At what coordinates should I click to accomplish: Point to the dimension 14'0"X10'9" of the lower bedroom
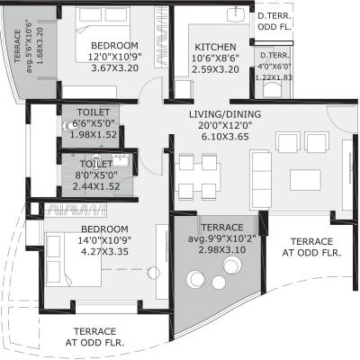point(103,240)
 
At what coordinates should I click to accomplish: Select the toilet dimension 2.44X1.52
point(97,186)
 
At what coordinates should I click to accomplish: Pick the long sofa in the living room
point(258,172)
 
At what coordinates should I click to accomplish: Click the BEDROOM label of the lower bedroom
point(103,229)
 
